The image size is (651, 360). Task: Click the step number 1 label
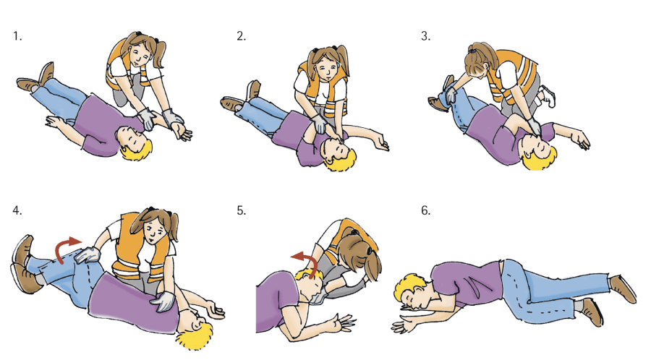pos(17,36)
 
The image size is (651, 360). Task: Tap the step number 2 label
pos(241,36)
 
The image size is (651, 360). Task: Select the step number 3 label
pos(425,36)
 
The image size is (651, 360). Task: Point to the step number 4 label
pos(17,210)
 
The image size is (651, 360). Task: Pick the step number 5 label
pos(241,210)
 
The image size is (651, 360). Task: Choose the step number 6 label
pos(425,210)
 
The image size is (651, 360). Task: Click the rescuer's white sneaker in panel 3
pos(548,96)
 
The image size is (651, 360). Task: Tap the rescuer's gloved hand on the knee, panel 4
pos(86,254)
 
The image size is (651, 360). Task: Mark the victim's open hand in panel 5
pos(344,322)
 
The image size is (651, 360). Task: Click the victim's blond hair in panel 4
pos(196,335)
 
